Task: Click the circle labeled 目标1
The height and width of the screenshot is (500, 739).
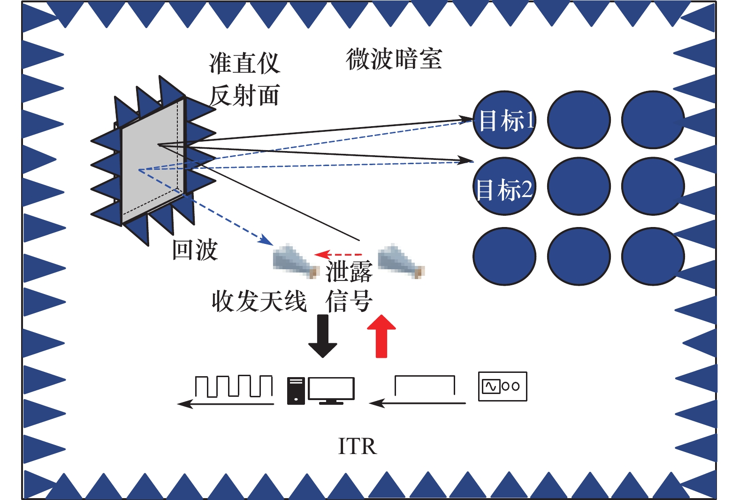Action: pyautogui.click(x=504, y=120)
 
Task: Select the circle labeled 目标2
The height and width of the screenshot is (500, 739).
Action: pyautogui.click(x=504, y=187)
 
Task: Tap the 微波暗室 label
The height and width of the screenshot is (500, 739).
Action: pyautogui.click(x=394, y=59)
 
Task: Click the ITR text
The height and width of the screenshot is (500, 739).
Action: pyautogui.click(x=357, y=447)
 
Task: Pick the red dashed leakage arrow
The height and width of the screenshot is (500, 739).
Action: pyautogui.click(x=338, y=255)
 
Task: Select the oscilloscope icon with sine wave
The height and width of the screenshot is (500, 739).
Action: pyautogui.click(x=502, y=386)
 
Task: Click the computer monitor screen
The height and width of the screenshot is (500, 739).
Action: pyautogui.click(x=331, y=389)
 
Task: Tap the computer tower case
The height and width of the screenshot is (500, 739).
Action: pyautogui.click(x=296, y=390)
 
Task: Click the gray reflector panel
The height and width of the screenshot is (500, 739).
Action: pyautogui.click(x=152, y=162)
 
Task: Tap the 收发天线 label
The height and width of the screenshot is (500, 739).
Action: pyautogui.click(x=259, y=301)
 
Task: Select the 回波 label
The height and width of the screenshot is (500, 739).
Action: pyautogui.click(x=195, y=250)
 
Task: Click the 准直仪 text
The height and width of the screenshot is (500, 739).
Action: pyautogui.click(x=244, y=63)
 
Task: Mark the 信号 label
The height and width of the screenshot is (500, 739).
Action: pyautogui.click(x=349, y=301)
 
